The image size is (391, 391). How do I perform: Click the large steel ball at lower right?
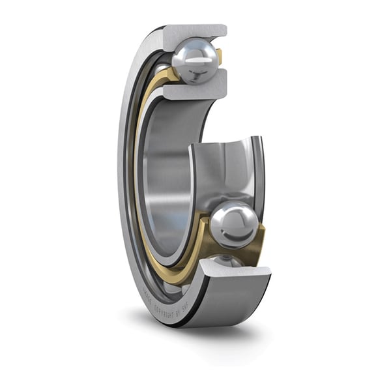click(232, 225)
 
